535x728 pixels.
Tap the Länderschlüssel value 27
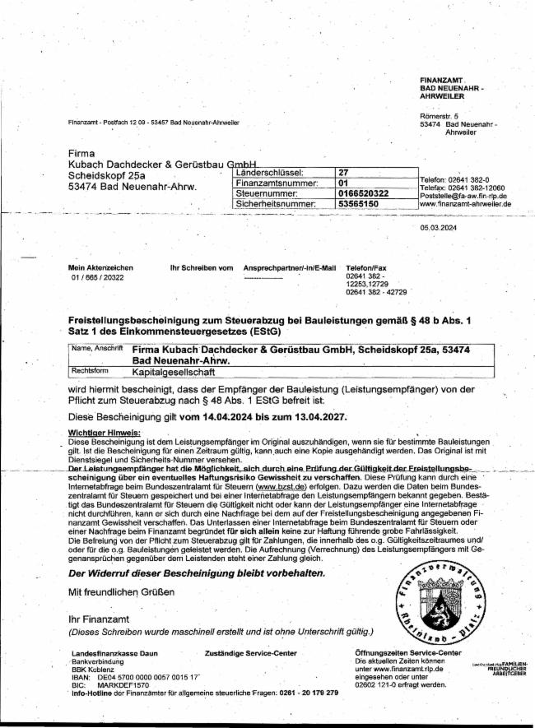(344, 172)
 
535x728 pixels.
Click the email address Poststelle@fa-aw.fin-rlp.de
(463, 195)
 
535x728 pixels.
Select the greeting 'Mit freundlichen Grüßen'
(122, 592)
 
